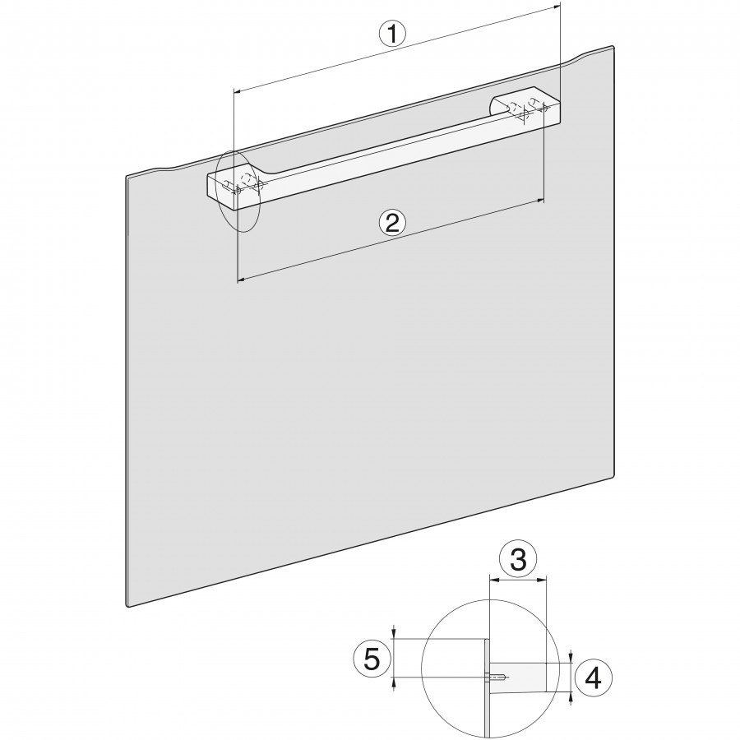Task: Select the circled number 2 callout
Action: [x=393, y=222]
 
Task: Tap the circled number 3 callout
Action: [x=519, y=561]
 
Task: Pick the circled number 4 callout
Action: [x=593, y=678]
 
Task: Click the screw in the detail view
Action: [x=497, y=678]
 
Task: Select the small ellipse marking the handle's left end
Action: [x=238, y=191]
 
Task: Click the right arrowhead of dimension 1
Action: [x=556, y=6]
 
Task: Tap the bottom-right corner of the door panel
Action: [x=613, y=474]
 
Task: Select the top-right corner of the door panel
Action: [x=613, y=47]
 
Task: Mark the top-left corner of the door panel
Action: [x=127, y=177]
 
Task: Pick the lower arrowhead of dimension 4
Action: [x=571, y=697]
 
